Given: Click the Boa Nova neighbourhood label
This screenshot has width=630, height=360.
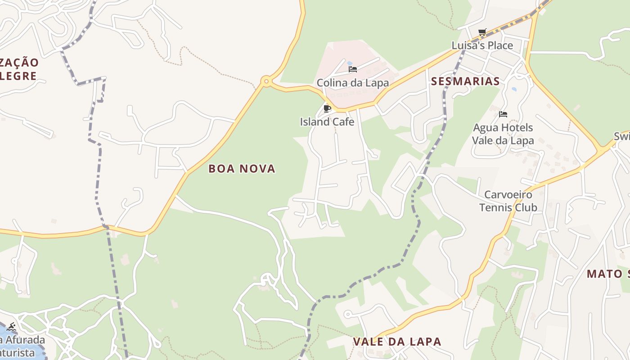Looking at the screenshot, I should (x=242, y=169).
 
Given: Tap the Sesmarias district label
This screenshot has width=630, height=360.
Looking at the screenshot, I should (x=465, y=81).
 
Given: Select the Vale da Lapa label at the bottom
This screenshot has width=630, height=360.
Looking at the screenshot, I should (x=397, y=342).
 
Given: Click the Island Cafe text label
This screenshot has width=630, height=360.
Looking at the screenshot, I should (x=327, y=122).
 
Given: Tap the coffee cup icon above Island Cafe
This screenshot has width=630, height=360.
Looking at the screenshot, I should (x=327, y=108).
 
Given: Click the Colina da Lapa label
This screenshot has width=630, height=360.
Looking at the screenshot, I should (x=353, y=83).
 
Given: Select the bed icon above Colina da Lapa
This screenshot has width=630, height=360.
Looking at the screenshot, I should (x=353, y=69).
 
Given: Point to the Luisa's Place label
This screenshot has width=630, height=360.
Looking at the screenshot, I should (x=482, y=45).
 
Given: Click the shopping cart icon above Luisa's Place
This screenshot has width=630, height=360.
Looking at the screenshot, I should (x=482, y=32).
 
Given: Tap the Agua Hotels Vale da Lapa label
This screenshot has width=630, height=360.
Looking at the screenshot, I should (x=503, y=134).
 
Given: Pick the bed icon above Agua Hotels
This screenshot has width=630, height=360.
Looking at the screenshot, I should (x=503, y=114).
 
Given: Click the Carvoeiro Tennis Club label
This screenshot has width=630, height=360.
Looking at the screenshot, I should (x=508, y=201).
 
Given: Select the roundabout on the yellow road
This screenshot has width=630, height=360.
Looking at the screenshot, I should (x=266, y=82).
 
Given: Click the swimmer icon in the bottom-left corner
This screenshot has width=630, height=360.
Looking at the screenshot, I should (x=11, y=327).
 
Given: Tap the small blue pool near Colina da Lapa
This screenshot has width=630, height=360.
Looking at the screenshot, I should (x=349, y=63).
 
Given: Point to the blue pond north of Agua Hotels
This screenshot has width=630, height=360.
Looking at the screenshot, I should (x=514, y=89).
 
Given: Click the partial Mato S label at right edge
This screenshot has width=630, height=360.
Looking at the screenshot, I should (x=608, y=274).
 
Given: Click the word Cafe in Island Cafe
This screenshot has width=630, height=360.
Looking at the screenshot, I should (x=343, y=122).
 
